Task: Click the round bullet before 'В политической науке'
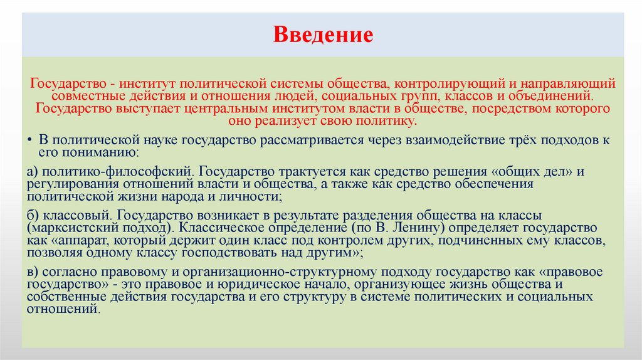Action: pyautogui.click(x=31, y=140)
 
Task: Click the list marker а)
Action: pyautogui.click(x=34, y=171)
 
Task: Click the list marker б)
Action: pyautogui.click(x=34, y=214)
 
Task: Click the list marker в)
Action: pyautogui.click(x=34, y=271)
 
